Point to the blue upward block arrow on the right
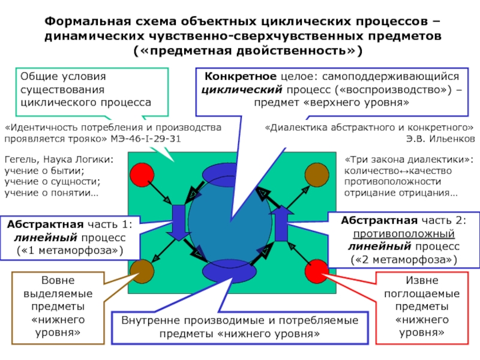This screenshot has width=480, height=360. pyautogui.click(x=281, y=221)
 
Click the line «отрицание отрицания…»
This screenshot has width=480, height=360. pyautogui.click(x=401, y=193)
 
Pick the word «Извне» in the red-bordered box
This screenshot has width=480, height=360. pyautogui.click(x=421, y=281)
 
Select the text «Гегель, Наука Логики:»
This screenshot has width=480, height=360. pyautogui.click(x=58, y=160)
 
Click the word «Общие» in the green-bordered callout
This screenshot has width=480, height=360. pyautogui.click(x=39, y=77)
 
